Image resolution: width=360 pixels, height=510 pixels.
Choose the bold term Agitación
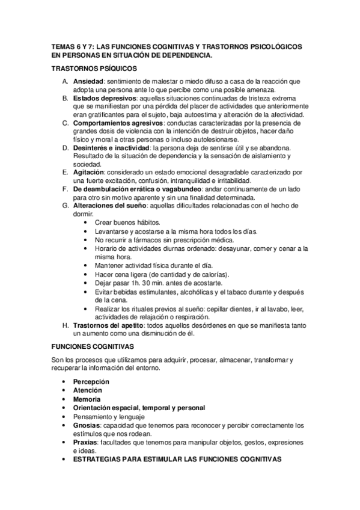(89, 172)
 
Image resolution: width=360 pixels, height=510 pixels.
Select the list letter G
(65, 205)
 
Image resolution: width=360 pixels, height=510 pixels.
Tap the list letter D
(65, 147)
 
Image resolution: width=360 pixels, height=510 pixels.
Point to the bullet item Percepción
(91, 382)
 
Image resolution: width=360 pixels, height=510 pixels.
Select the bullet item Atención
(88, 390)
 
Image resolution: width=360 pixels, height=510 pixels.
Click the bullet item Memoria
(87, 399)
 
